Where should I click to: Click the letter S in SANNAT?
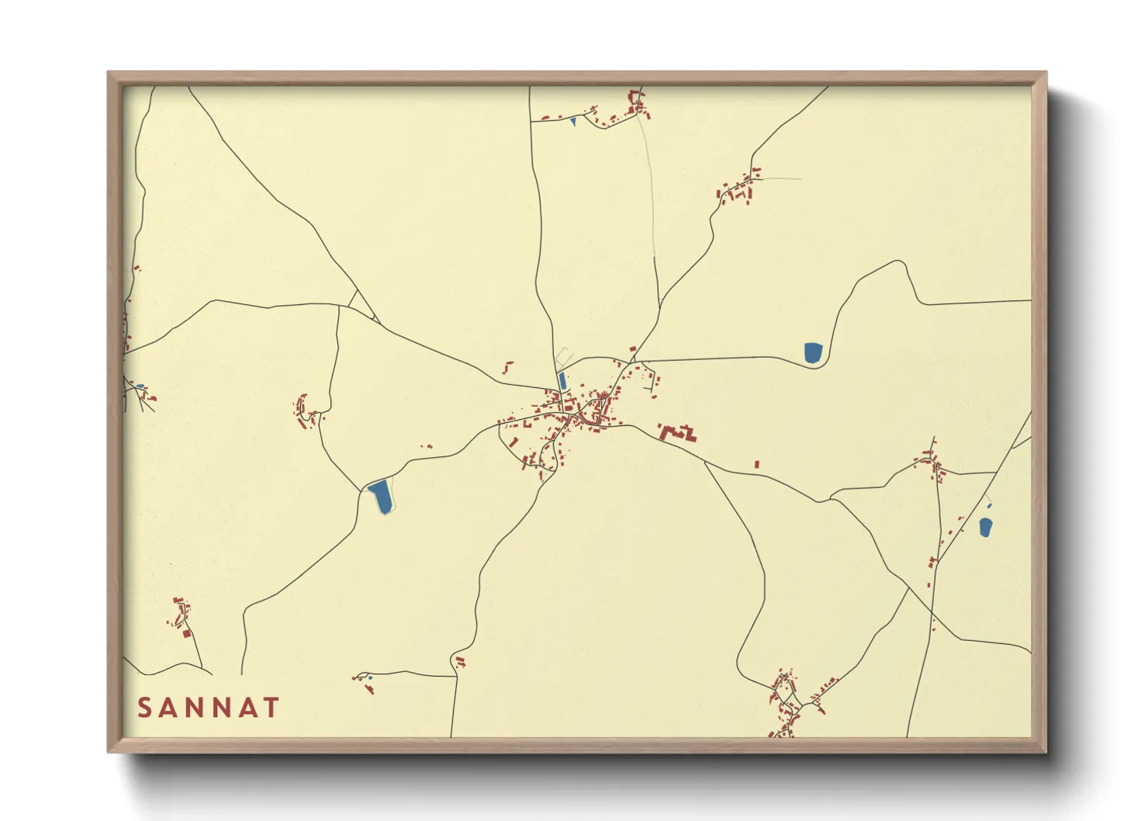145,708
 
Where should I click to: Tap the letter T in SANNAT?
271,708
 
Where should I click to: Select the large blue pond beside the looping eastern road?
812,352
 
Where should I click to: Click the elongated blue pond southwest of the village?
381,496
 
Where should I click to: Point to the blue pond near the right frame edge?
985,528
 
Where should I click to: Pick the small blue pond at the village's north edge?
562,381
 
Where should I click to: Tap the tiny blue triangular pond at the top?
573,122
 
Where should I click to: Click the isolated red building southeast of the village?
757,464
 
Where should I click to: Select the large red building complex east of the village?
677,432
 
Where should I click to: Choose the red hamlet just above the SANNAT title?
181,615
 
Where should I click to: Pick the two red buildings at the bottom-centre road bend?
460,662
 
